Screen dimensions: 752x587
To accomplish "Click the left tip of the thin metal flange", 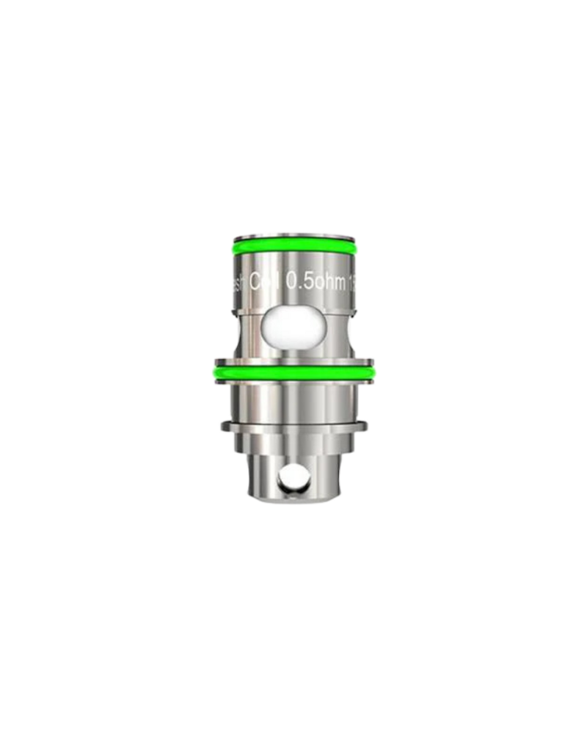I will click(x=221, y=425).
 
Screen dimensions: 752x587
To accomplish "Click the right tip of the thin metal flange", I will click(x=366, y=425).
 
